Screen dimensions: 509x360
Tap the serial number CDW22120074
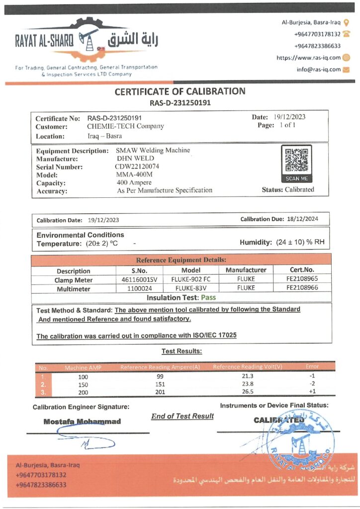(134, 167)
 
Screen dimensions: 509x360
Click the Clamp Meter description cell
(74, 279)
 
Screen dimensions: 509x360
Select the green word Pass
(208, 297)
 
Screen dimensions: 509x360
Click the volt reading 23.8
(247, 384)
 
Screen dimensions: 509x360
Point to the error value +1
(312, 392)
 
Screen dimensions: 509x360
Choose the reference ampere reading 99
(160, 376)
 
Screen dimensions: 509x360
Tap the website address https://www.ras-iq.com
(308, 58)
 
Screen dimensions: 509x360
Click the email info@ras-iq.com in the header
(319, 70)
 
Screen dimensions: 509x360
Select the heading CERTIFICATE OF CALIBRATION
(180, 91)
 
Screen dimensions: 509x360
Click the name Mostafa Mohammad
(82, 422)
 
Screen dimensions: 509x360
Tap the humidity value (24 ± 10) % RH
(300, 243)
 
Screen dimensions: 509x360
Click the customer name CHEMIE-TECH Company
(125, 126)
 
